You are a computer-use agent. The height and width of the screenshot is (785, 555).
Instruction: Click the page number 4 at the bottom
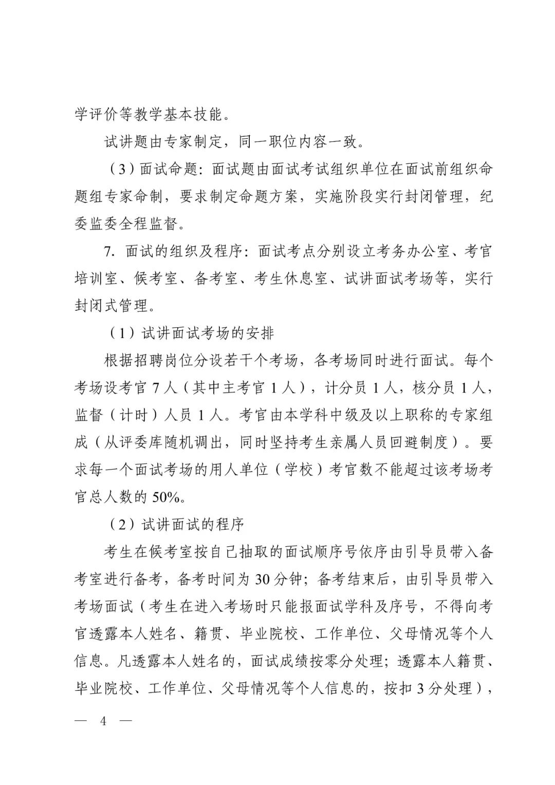103,721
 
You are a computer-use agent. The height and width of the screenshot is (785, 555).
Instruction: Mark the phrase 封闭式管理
111,306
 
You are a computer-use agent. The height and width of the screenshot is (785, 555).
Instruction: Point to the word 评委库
149,442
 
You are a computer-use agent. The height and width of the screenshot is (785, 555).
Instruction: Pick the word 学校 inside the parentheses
298,470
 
